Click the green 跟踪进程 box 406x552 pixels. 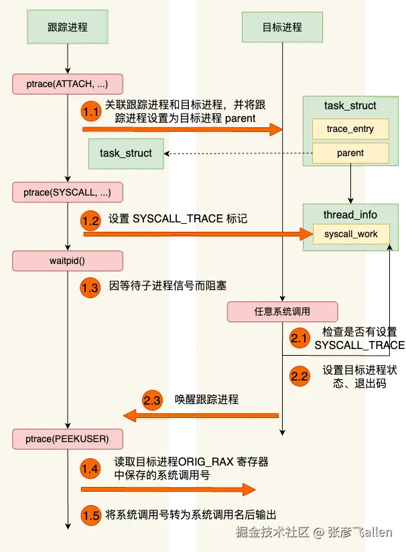point(68,27)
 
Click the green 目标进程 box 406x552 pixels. point(282,27)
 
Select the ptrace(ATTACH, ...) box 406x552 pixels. point(68,84)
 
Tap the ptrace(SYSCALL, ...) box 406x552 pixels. point(68,193)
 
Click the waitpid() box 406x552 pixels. point(68,261)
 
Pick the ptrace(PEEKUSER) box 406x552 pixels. point(68,439)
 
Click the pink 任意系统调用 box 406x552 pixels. point(282,312)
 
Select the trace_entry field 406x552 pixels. point(350,129)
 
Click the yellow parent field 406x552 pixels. point(350,153)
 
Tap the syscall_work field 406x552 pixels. point(350,234)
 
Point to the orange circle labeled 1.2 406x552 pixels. point(92,219)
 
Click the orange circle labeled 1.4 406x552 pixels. point(92,468)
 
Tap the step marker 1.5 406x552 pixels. point(92,515)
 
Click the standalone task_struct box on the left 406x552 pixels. point(126,153)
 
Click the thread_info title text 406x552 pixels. point(350,215)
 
